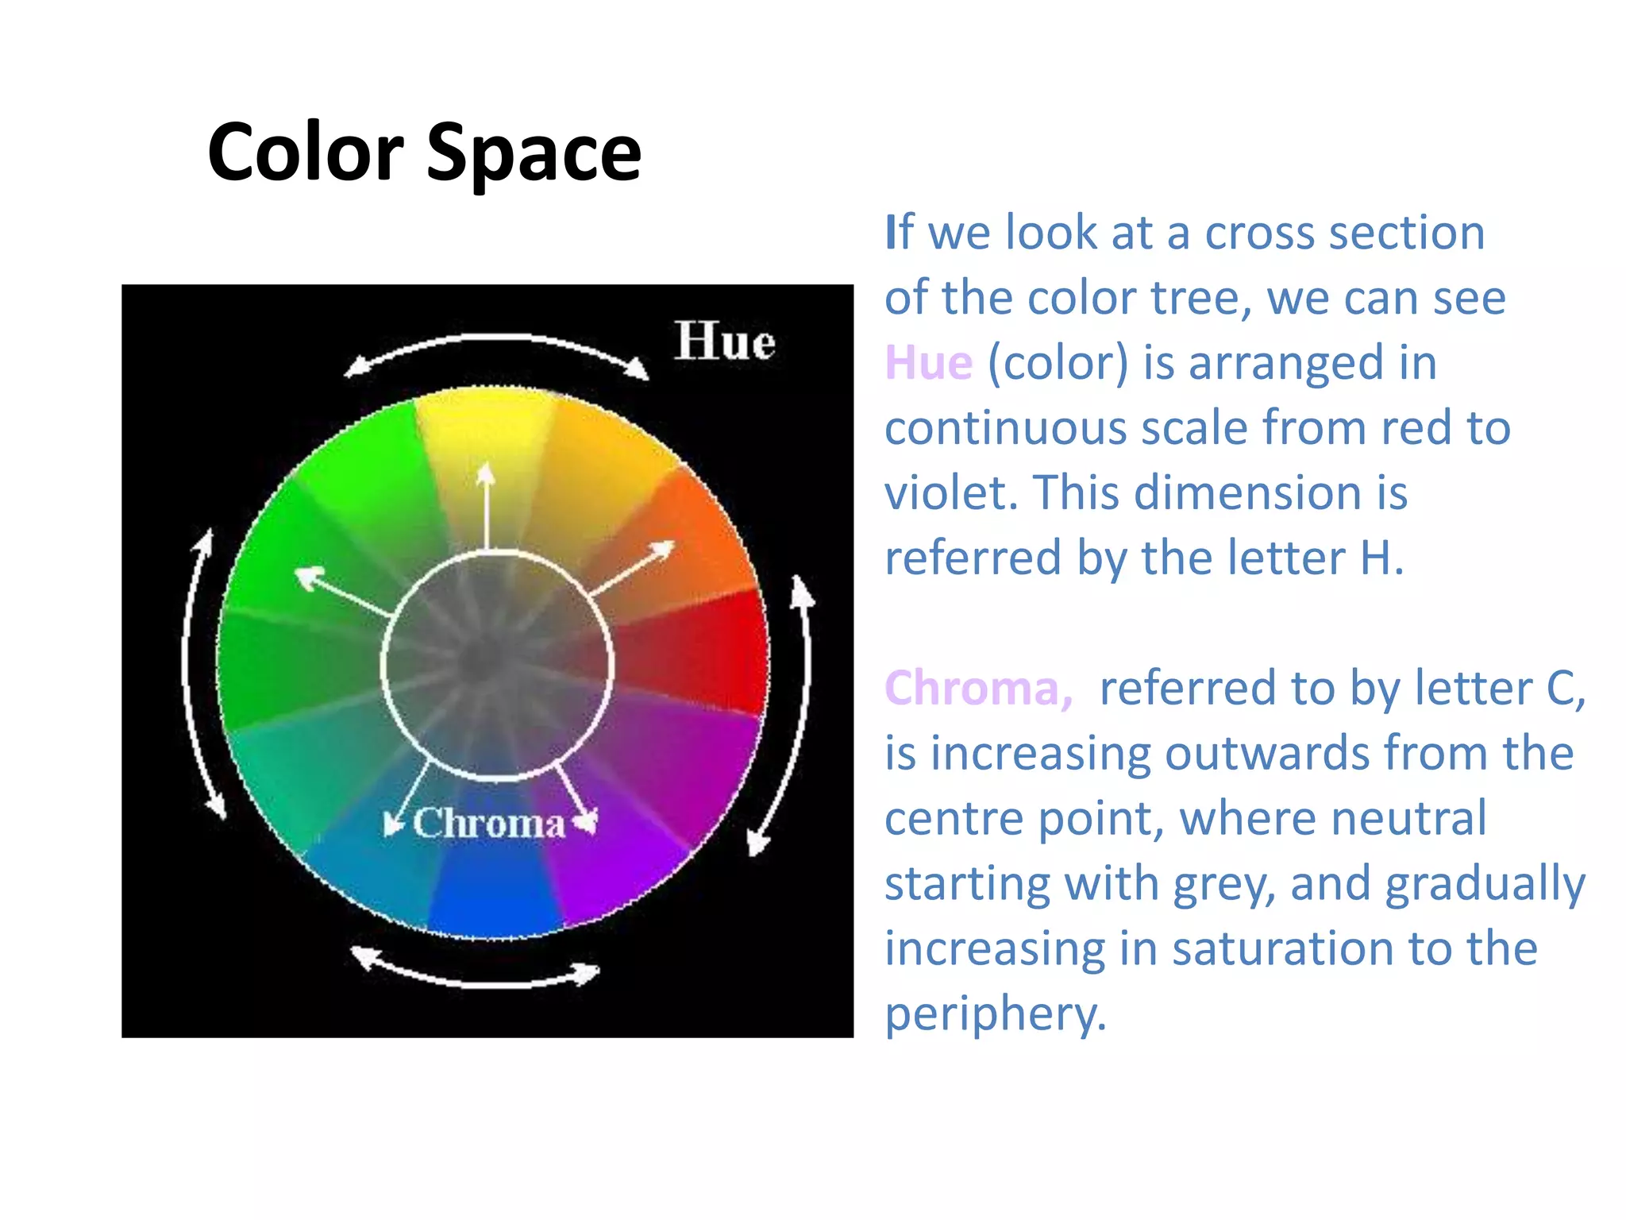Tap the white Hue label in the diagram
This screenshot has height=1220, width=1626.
[724, 342]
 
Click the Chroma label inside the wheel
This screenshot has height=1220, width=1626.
[489, 824]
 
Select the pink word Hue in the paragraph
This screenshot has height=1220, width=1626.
[928, 363]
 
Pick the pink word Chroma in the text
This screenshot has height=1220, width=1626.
[977, 688]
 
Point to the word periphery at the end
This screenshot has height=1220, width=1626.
[995, 1013]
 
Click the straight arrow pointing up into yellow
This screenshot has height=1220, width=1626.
[486, 508]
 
